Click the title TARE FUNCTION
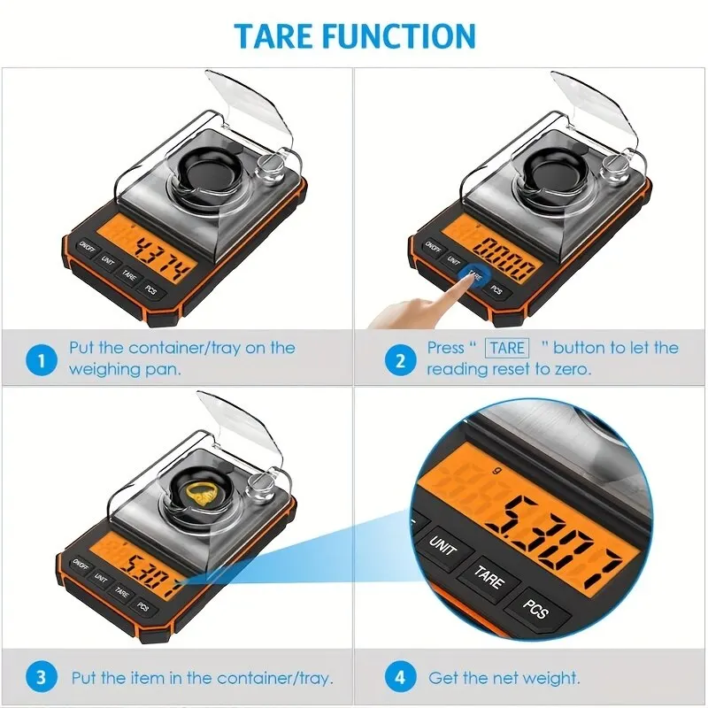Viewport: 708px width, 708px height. coord(354,35)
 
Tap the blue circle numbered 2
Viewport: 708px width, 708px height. coord(399,359)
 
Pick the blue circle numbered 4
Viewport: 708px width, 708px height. coord(399,679)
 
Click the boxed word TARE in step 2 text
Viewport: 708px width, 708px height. coord(507,348)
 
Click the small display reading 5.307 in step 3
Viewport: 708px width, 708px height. coord(150,563)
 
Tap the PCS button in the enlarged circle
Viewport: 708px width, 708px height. coord(535,610)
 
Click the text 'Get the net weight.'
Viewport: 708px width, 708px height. coord(504,679)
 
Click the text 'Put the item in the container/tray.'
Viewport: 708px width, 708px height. coord(202,679)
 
